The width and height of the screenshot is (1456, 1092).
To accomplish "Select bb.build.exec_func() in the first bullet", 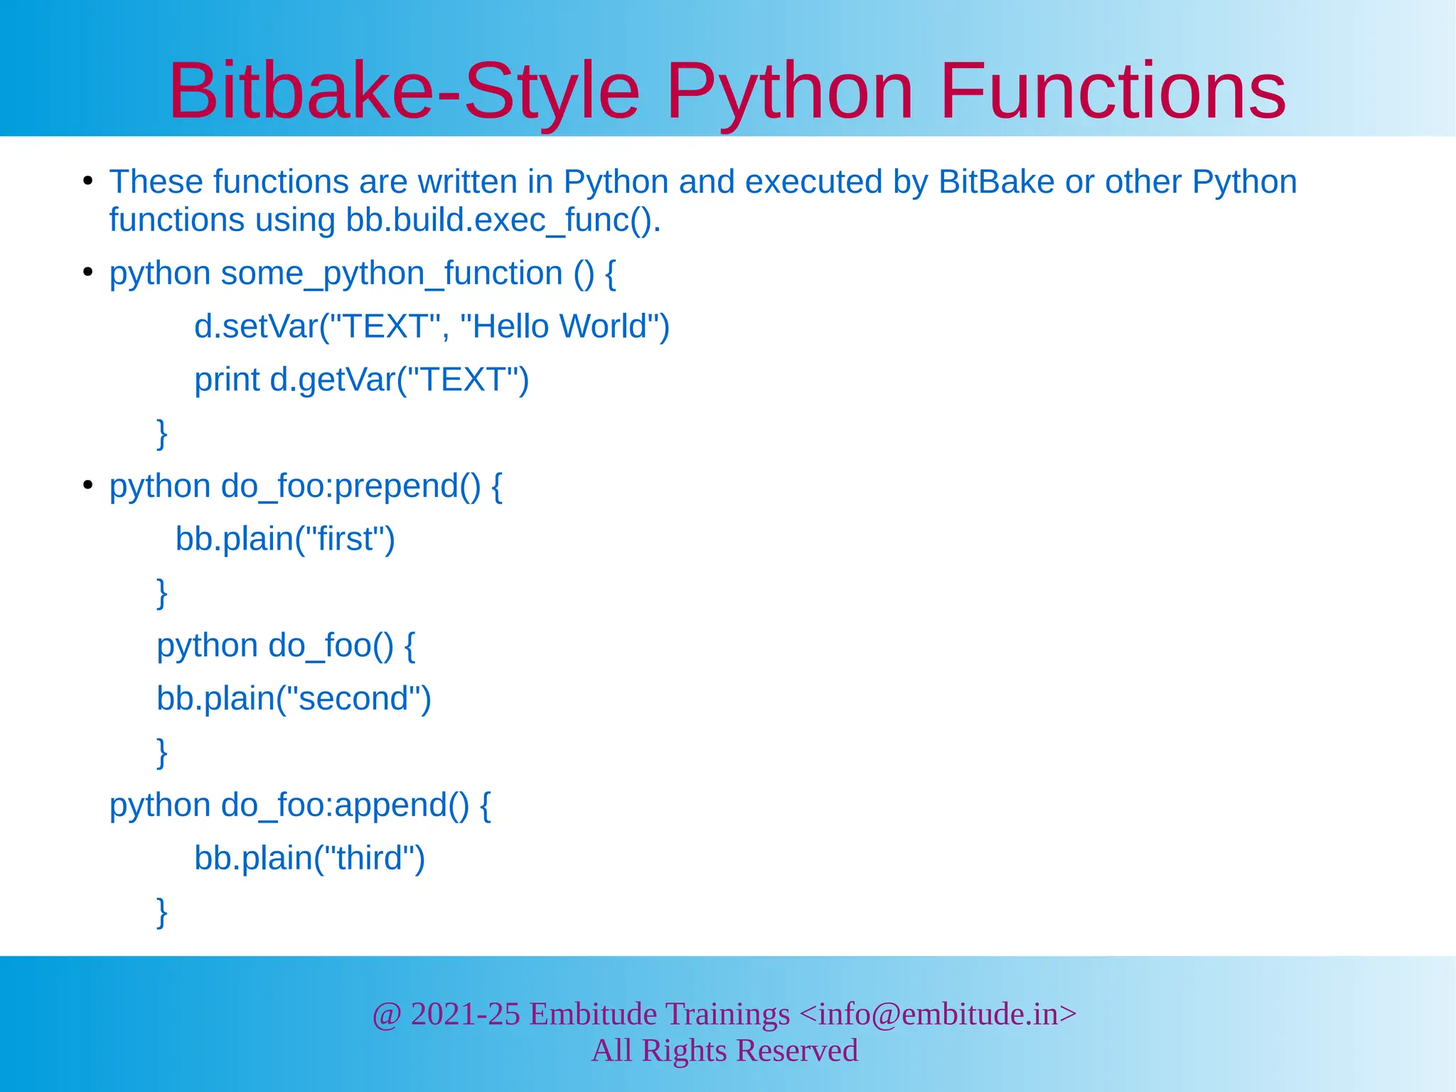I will pyautogui.click(x=503, y=220).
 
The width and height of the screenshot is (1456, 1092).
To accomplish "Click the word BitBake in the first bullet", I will pyautogui.click(x=996, y=182).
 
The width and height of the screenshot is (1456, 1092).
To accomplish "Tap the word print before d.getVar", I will pyautogui.click(x=227, y=380).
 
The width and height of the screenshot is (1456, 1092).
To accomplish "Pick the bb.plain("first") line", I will pyautogui.click(x=285, y=539).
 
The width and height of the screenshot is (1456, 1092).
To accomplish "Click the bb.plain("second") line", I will pyautogui.click(x=294, y=699).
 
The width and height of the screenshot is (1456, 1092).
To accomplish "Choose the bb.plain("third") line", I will pyautogui.click(x=309, y=858).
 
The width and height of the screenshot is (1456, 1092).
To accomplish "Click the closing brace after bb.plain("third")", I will pyautogui.click(x=162, y=911).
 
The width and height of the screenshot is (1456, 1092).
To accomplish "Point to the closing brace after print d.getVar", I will pyautogui.click(x=162, y=433).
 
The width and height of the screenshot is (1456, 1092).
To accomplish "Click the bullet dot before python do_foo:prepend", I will pyautogui.click(x=87, y=486).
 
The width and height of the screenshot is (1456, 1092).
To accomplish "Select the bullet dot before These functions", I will pyautogui.click(x=87, y=181).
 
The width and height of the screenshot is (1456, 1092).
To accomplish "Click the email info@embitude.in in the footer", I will pyautogui.click(x=938, y=1014).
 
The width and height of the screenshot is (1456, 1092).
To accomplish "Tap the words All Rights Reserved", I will pyautogui.click(x=724, y=1051).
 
